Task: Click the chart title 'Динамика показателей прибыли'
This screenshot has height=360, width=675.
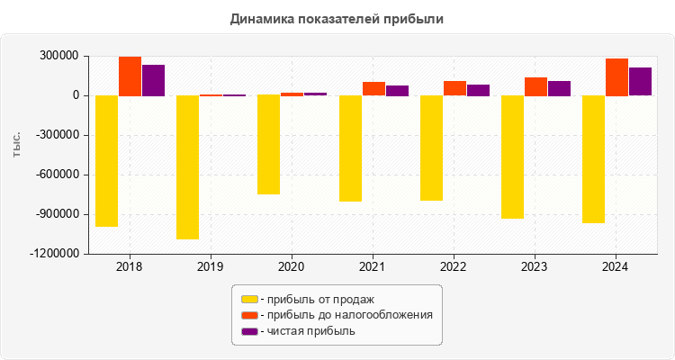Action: point(337,19)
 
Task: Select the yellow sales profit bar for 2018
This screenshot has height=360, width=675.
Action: point(107,160)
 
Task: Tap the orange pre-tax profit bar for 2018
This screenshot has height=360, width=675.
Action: point(130,76)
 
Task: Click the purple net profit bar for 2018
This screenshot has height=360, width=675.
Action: point(153,80)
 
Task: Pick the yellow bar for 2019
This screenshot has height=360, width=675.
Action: point(187,166)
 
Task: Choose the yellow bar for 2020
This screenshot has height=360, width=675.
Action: point(268,144)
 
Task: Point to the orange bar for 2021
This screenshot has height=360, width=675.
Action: point(373,88)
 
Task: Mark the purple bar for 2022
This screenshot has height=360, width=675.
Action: point(478,90)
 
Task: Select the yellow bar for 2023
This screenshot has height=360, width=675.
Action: point(512,157)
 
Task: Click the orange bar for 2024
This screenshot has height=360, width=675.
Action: point(616,76)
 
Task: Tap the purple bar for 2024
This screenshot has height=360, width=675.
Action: point(640,81)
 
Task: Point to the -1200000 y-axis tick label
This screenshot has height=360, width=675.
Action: point(53,254)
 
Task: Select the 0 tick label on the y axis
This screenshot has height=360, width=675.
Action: point(76,95)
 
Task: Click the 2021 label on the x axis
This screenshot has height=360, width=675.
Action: point(373,266)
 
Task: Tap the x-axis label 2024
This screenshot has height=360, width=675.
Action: point(616,266)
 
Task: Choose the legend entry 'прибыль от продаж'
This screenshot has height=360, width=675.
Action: point(315,299)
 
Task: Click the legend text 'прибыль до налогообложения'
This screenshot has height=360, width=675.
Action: point(346,315)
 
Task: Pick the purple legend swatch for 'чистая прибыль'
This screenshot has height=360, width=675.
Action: point(249,331)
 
